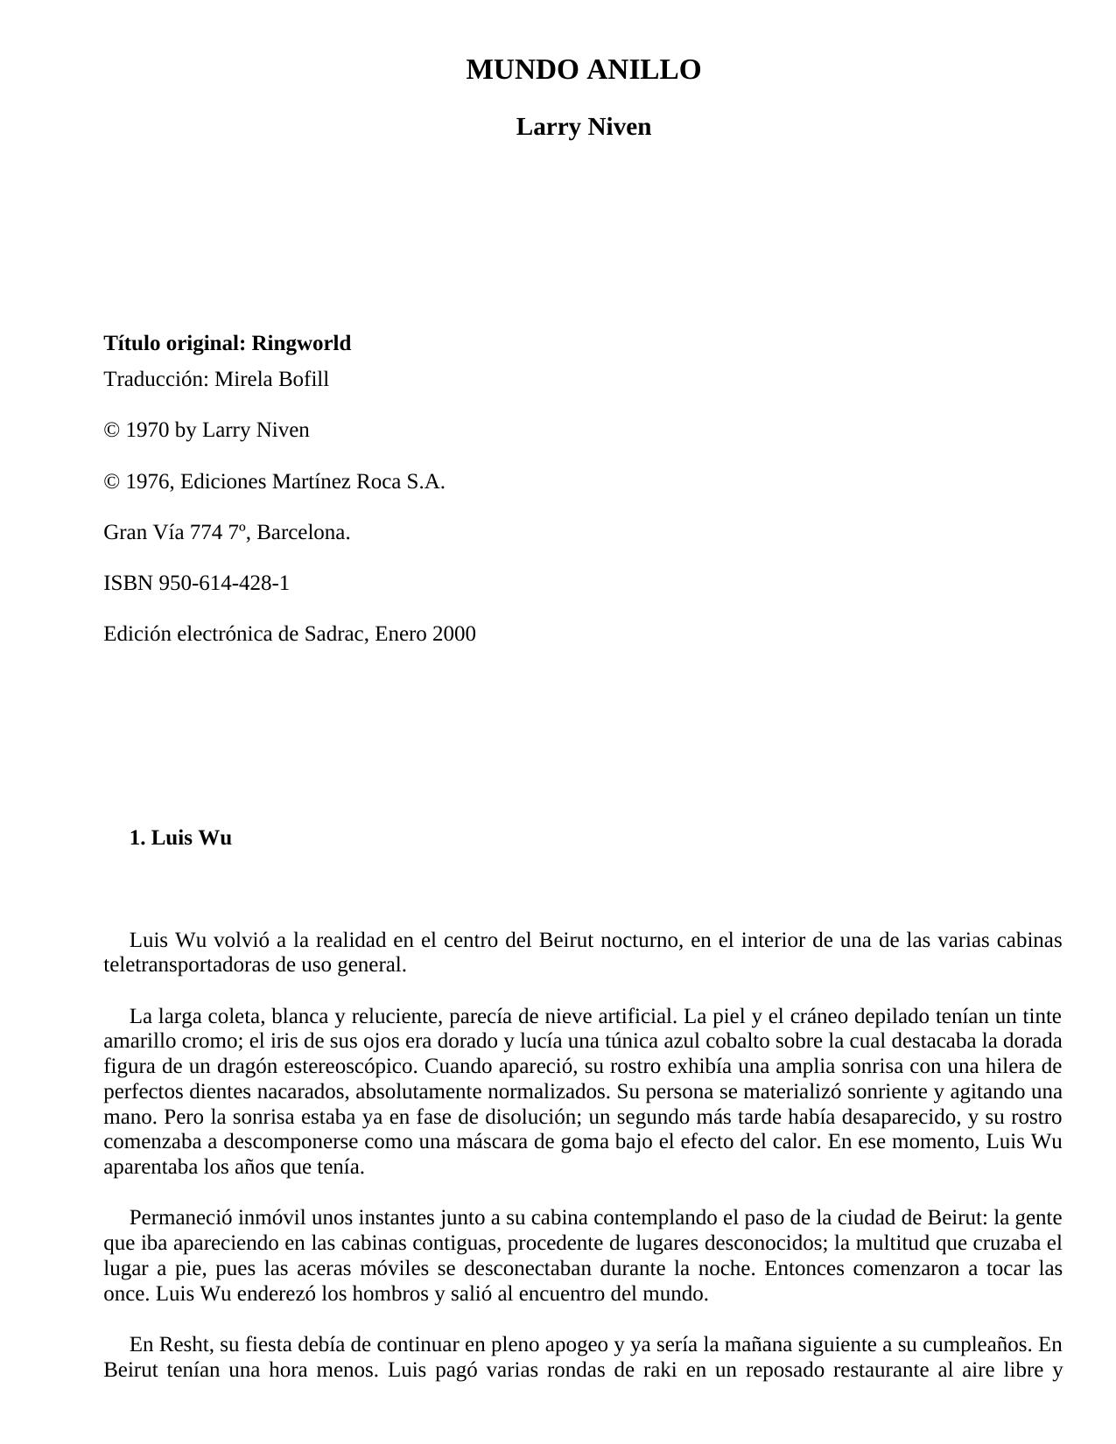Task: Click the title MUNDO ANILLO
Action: pyautogui.click(x=583, y=70)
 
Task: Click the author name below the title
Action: pyautogui.click(x=583, y=127)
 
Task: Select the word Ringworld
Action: pyautogui.click(x=301, y=343)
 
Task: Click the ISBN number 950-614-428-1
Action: pyautogui.click(x=224, y=583)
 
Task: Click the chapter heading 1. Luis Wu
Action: pyautogui.click(x=180, y=838)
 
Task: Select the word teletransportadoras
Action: pyautogui.click(x=186, y=965)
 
